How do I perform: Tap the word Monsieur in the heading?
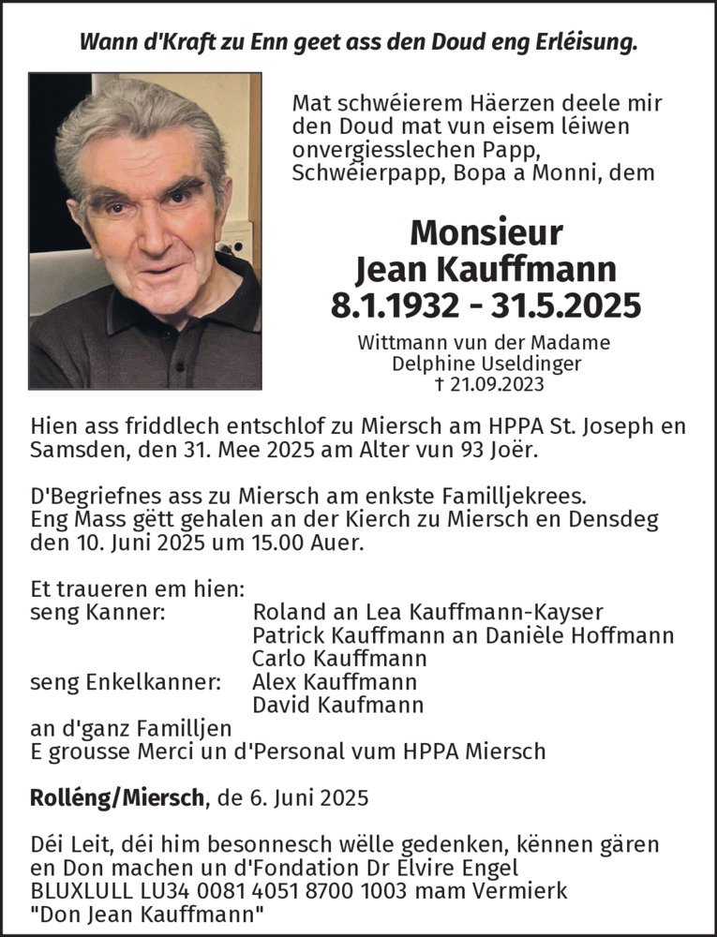(x=486, y=233)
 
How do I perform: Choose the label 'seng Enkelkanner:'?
(x=125, y=682)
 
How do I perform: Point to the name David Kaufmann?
(x=338, y=705)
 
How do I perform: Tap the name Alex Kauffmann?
(x=335, y=682)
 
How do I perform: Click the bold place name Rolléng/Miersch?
(x=117, y=798)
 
